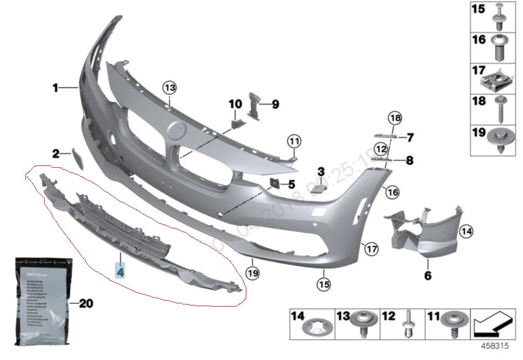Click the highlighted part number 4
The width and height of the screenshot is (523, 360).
click(x=120, y=270)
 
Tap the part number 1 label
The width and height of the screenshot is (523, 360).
click(x=55, y=87)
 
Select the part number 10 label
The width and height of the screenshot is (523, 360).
click(x=235, y=104)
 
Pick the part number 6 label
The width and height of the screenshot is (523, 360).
click(x=427, y=275)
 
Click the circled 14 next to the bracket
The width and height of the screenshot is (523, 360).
click(x=466, y=231)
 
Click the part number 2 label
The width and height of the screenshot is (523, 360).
click(x=55, y=154)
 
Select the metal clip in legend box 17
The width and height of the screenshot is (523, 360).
click(x=497, y=83)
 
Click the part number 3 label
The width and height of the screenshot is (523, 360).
click(x=321, y=171)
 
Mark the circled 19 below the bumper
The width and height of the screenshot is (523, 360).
click(x=252, y=272)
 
